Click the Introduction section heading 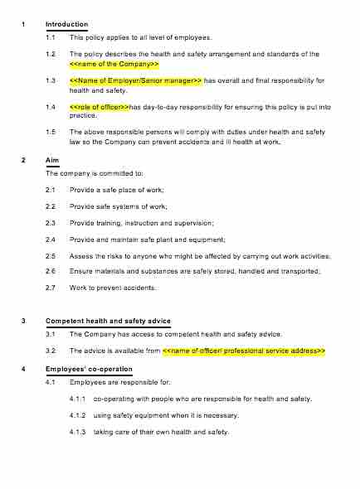pos(67,25)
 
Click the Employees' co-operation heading pos(85,369)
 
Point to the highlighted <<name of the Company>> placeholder pos(114,64)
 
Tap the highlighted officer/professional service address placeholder pos(244,351)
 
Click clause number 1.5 pos(51,132)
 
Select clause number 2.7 pos(51,288)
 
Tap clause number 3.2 pos(51,351)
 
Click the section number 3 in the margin pos(23,321)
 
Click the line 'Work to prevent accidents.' pos(113,288)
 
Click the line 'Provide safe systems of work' pos(119,206)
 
